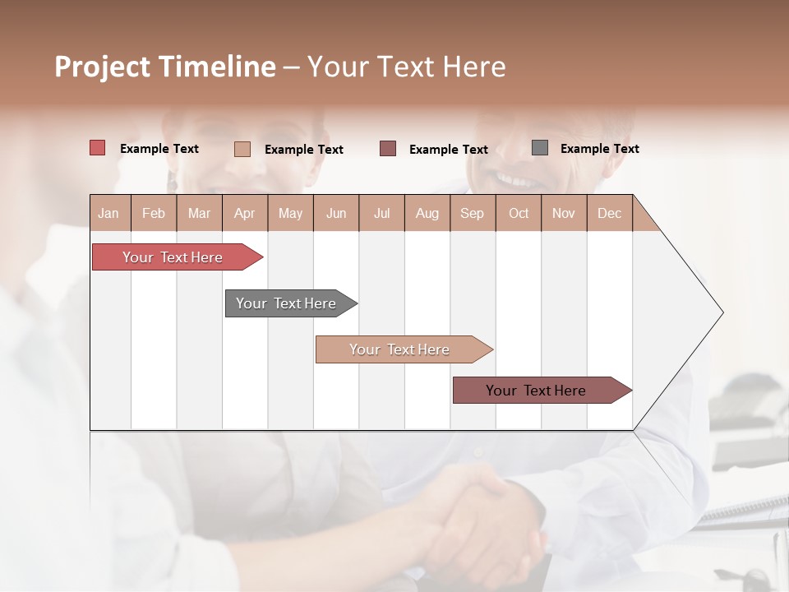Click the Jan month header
(108, 213)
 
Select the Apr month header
(244, 213)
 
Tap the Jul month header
(381, 213)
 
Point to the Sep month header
(472, 213)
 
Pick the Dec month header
(609, 213)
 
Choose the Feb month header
(154, 213)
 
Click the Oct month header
(519, 213)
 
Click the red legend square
(98, 148)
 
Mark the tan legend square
(242, 149)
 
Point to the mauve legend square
(388, 149)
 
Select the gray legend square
(540, 148)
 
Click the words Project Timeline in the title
(165, 67)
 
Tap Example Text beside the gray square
(599, 149)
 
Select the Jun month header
(336, 213)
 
